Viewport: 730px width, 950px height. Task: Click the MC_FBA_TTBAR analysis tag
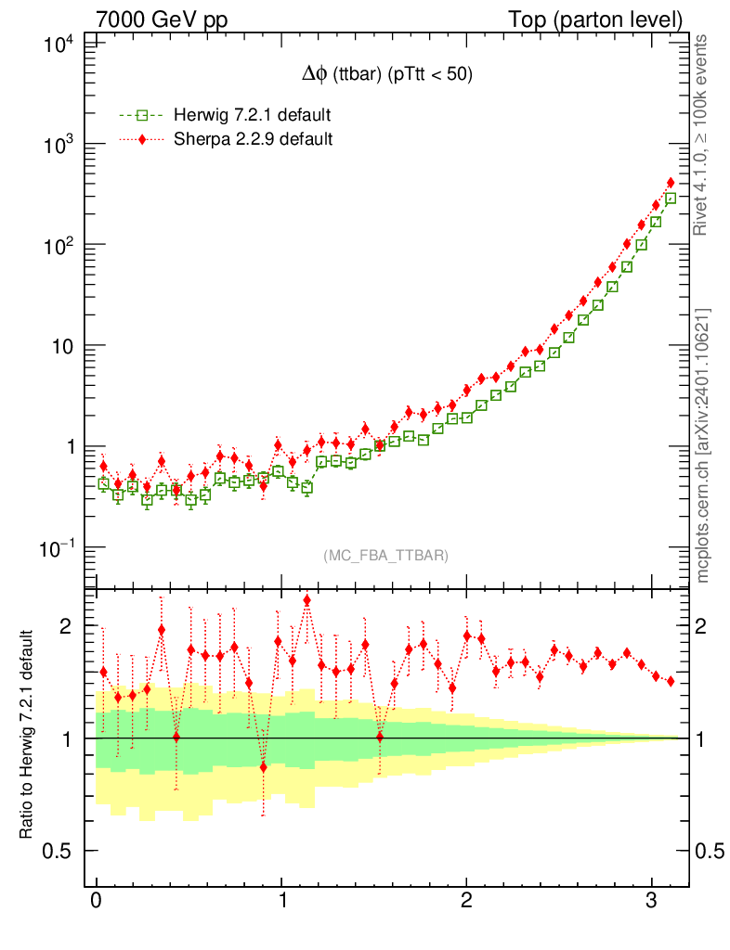coord(385,556)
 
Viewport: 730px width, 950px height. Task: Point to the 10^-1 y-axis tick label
coord(57,547)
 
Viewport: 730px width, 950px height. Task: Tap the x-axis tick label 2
coord(466,903)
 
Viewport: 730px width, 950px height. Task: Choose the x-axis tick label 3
coord(651,903)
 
